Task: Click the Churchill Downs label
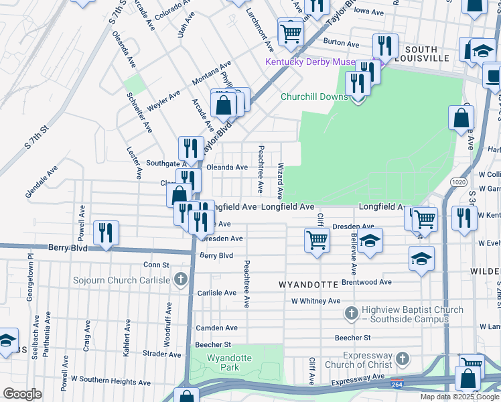pos(314,96)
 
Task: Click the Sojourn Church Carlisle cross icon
pos(180,279)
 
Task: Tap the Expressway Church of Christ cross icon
pos(401,359)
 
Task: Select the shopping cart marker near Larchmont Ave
pos(290,31)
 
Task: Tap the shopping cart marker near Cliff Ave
pos(317,241)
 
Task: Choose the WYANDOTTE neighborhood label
pos(308,285)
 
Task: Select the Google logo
pos(22,394)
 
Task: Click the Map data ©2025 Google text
pos(459,397)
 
